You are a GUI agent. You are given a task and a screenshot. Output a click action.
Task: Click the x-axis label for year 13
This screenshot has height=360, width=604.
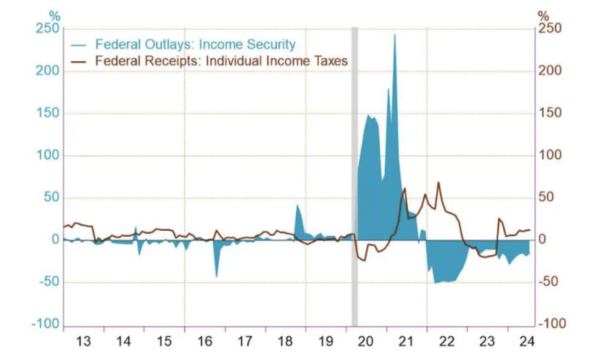pyautogui.click(x=83, y=341)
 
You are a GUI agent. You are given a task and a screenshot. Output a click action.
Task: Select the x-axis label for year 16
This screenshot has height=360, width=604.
pyautogui.click(x=204, y=341)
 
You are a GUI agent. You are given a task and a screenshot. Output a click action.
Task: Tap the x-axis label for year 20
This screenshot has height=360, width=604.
pyautogui.click(x=365, y=341)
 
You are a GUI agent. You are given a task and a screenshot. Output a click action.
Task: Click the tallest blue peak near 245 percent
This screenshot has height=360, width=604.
pyautogui.click(x=395, y=35)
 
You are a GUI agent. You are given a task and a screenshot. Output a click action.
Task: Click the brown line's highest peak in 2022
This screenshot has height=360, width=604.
pyautogui.click(x=438, y=183)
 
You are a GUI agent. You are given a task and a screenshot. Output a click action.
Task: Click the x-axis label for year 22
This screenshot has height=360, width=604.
pyautogui.click(x=446, y=341)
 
